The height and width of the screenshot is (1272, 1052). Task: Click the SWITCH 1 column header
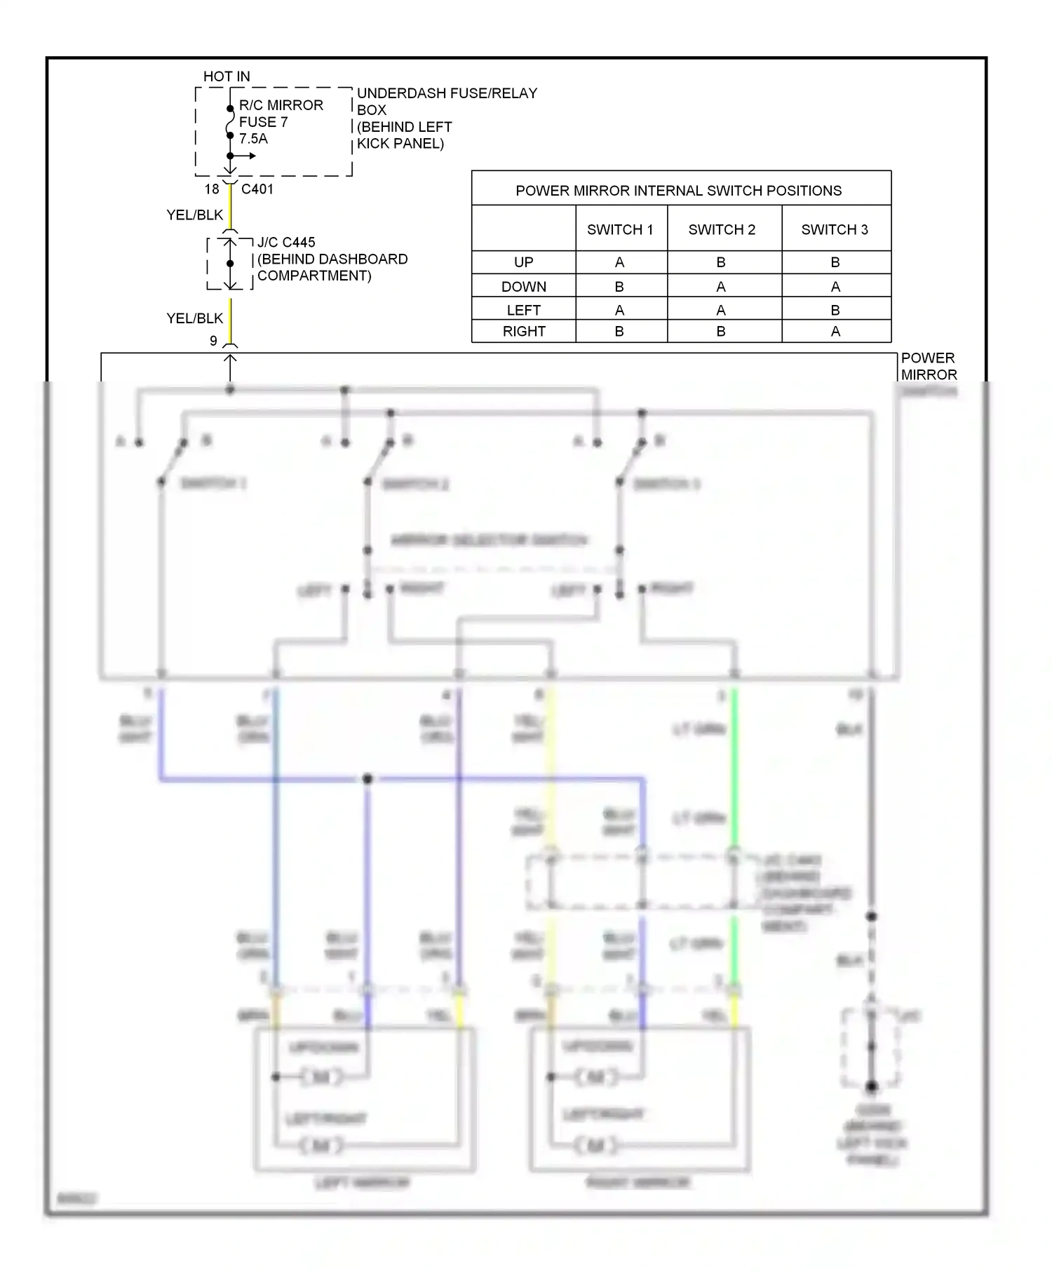620,229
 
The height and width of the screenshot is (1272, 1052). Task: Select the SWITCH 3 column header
835,229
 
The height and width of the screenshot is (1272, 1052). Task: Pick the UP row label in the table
523,262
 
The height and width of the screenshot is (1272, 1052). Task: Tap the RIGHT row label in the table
523,332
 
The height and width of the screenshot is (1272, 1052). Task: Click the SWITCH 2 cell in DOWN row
721,287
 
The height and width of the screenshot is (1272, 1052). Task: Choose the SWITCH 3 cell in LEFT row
835,310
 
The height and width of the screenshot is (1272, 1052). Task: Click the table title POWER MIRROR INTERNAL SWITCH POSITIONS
678,191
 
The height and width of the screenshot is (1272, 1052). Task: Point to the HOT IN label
227,76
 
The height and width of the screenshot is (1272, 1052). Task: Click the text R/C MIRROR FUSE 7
281,114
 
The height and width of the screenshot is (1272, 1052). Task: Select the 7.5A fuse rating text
253,139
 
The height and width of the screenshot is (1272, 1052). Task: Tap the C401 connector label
257,189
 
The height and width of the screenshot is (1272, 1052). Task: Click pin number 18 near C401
212,189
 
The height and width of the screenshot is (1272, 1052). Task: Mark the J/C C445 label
286,243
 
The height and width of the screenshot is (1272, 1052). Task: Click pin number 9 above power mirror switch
213,341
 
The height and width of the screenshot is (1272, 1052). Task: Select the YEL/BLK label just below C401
194,215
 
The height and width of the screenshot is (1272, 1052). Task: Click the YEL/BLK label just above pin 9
194,318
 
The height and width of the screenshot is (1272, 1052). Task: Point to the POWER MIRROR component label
928,366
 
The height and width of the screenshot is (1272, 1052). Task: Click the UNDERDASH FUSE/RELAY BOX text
446,102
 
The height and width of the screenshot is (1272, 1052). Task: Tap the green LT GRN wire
734,771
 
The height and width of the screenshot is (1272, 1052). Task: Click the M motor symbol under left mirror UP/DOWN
321,1077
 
